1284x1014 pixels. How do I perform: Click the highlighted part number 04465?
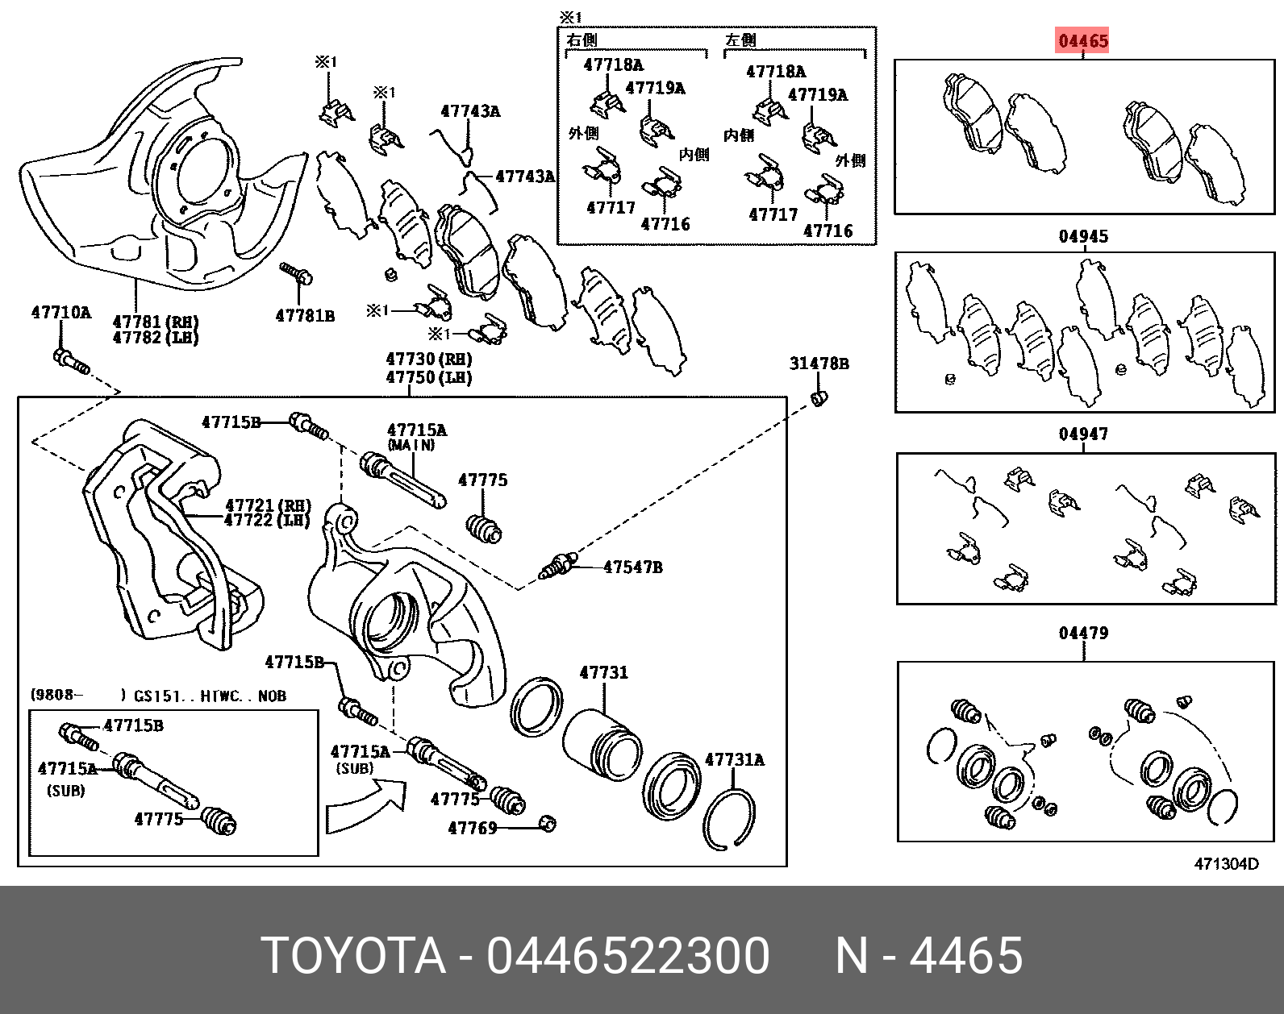coord(1083,40)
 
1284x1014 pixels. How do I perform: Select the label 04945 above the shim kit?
coord(1083,236)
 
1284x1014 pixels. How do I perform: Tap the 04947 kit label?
coord(1083,434)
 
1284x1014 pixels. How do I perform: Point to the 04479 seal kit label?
coord(1083,633)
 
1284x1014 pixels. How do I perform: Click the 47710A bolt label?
coord(61,313)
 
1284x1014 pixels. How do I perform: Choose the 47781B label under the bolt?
coord(305,316)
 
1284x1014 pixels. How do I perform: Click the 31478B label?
coord(819,364)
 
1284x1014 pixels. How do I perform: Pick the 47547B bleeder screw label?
coord(633,567)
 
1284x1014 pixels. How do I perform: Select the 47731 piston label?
coord(603,672)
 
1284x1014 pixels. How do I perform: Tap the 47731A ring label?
coord(735,759)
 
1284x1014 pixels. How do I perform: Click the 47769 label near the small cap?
coord(473,828)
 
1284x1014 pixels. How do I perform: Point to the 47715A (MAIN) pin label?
coord(416,430)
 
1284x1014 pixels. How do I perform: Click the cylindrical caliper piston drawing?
coord(601,745)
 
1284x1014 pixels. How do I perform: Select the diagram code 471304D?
coord(1226,864)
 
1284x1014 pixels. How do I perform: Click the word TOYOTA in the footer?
coord(353,956)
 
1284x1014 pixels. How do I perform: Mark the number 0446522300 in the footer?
coord(627,956)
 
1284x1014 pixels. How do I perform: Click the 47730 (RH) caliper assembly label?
coord(428,359)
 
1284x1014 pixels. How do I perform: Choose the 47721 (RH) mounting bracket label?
coord(267,505)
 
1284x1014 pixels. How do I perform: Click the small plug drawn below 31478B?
coord(819,397)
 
